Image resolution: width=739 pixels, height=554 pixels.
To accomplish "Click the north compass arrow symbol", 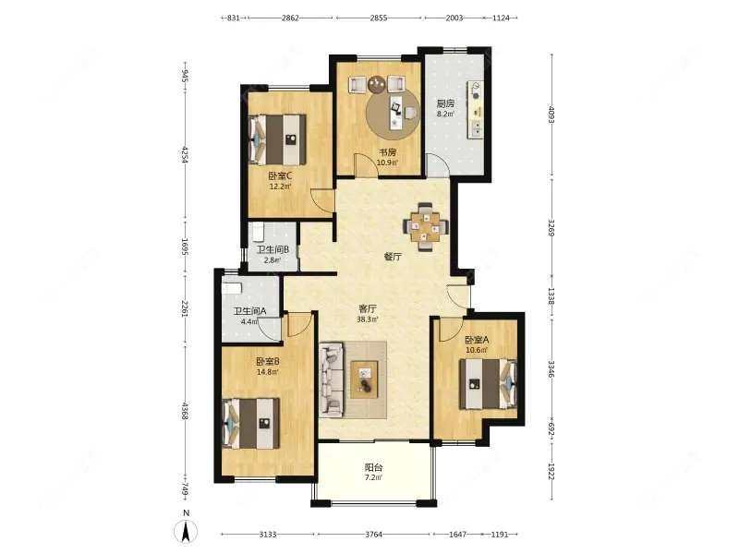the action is [x=187, y=532].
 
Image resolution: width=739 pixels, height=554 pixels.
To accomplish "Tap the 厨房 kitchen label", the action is [x=445, y=103].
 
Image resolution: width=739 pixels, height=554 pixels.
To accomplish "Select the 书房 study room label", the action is [x=388, y=152].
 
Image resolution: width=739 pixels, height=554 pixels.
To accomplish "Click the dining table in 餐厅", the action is [x=425, y=226].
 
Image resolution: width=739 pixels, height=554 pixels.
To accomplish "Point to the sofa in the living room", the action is [x=331, y=379].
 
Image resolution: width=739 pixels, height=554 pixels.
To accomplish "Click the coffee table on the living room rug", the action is [x=364, y=379].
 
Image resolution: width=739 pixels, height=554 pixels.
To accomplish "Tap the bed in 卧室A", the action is [x=489, y=383].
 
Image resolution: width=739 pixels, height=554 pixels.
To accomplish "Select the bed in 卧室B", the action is [x=250, y=424].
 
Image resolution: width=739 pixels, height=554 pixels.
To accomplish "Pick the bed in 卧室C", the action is [x=278, y=139].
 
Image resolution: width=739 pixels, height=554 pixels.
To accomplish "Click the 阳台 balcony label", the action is [x=373, y=468].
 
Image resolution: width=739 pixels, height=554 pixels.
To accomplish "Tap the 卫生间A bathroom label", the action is [x=250, y=311].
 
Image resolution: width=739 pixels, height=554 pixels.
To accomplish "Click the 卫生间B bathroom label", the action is [x=273, y=249].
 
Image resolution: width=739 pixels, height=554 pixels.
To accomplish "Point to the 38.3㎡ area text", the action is [x=368, y=319].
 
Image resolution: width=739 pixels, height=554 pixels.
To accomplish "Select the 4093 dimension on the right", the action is [x=551, y=115].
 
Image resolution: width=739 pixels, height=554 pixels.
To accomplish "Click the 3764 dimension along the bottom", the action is [x=373, y=535].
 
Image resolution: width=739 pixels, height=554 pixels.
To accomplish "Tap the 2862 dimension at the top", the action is [x=290, y=18].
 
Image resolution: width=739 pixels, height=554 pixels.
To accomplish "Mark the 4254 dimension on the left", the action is [x=185, y=155].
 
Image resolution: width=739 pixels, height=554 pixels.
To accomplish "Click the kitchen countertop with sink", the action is [x=475, y=110].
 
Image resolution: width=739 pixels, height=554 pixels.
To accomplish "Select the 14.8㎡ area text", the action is [x=267, y=372].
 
